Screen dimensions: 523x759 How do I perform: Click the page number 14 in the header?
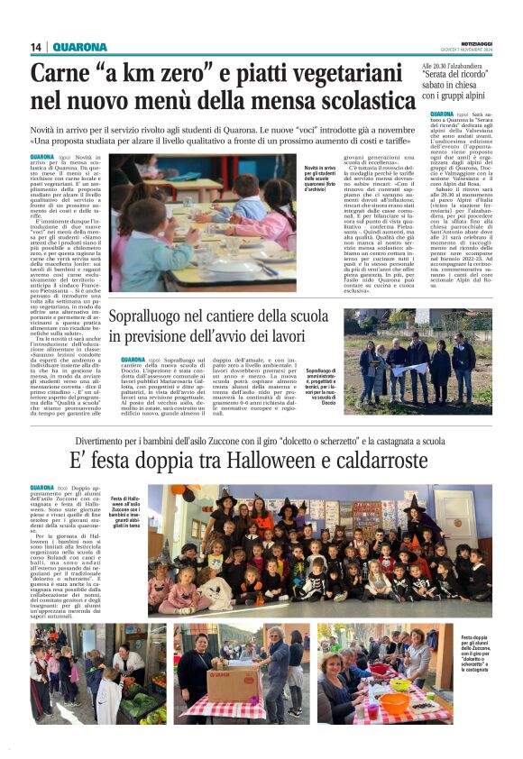[37, 47]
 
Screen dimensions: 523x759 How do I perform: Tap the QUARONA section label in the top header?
[79, 47]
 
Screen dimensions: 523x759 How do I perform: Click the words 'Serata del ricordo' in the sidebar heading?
[458, 79]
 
